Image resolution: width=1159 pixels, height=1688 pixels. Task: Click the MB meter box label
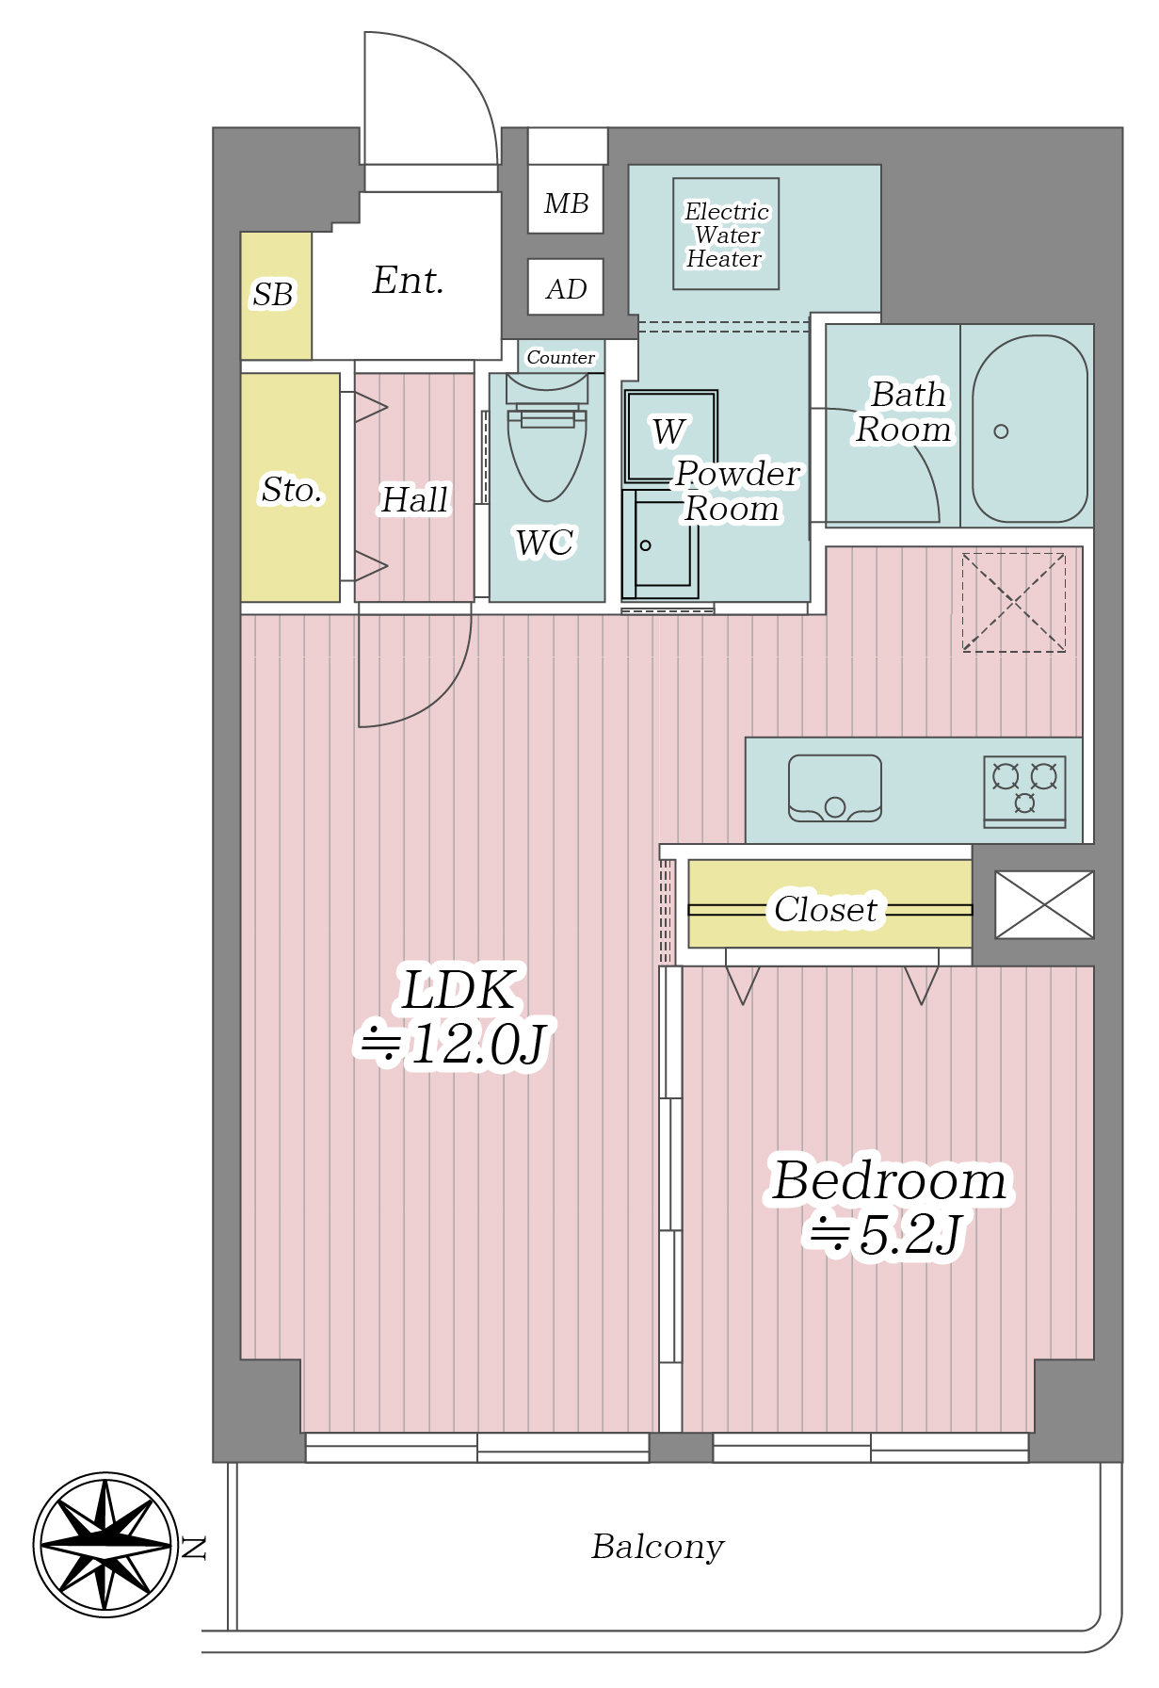pos(566,203)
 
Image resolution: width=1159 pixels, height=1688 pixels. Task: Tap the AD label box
pos(566,287)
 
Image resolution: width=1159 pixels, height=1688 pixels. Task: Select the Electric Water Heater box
pos(726,234)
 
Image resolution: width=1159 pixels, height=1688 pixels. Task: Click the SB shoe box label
pos(273,295)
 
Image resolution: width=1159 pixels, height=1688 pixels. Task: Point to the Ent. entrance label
pos(408,280)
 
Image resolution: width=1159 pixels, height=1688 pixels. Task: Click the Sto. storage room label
pos(292,490)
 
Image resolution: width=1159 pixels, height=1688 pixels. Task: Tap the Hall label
pos(414,500)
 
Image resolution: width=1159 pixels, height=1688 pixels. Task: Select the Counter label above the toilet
pos(561,357)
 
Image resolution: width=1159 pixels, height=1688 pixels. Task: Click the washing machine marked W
pos(671,436)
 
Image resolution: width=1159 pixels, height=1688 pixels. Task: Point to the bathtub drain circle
pos(1001,431)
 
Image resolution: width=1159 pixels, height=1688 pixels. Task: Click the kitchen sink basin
pos(835,787)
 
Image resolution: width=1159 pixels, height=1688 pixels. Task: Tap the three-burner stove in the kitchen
pos(1024,790)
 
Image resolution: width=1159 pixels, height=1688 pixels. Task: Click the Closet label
pos(826,909)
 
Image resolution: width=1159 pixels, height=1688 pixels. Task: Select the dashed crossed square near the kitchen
pos(1014,602)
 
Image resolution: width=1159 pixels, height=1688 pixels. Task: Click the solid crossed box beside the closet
pos(1044,904)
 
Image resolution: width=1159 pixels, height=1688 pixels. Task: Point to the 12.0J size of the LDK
pos(478,1045)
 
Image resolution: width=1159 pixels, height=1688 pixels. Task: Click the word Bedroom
pos(889,1180)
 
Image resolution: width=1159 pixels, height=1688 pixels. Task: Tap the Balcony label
pos(657,1547)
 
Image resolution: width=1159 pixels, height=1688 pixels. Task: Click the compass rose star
pos(106,1545)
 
